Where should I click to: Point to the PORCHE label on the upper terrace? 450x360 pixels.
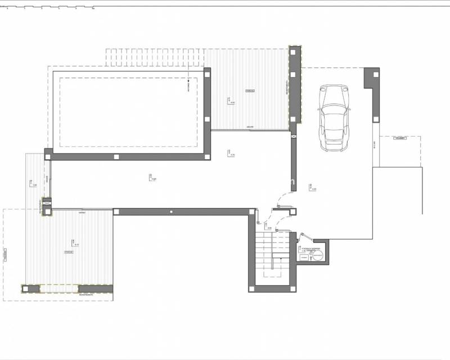pos(249,90)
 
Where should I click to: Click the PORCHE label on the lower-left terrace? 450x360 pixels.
pos(69,252)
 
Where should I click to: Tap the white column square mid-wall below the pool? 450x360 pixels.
pos(116,157)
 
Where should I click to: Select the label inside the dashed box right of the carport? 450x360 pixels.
pos(400,138)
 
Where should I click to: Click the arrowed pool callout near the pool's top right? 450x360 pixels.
pos(188,84)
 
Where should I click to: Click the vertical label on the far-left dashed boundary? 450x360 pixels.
pos(4,255)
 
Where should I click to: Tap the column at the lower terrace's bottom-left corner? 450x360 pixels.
pos(27,289)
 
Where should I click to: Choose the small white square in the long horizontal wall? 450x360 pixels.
pos(172,211)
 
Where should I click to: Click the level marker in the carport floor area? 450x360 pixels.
pos(311,187)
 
